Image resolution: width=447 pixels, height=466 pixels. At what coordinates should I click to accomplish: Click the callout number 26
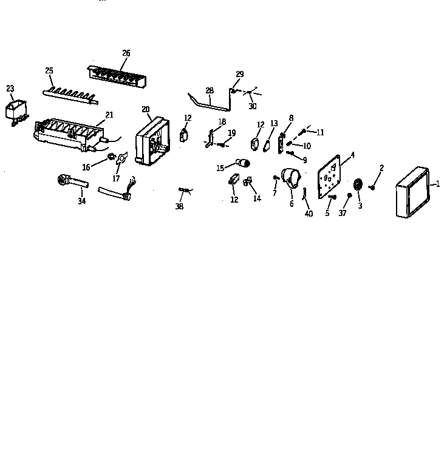coord(126,53)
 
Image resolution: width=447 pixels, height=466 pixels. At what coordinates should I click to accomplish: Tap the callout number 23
coord(10,89)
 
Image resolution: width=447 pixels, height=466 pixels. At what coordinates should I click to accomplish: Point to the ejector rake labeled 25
coord(70,94)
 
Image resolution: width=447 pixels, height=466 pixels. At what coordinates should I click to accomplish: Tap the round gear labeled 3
coord(358,186)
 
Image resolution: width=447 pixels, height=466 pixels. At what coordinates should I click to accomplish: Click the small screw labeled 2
coord(374,186)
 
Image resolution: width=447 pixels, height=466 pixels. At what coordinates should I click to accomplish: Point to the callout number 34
coord(81,201)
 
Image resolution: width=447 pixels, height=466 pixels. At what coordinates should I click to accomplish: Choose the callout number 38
coord(179,206)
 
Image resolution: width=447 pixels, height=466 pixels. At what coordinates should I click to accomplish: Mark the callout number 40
coord(309,214)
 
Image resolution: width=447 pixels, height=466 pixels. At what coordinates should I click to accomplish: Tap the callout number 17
coord(116,179)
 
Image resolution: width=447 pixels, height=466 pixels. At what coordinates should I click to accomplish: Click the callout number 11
coord(320,132)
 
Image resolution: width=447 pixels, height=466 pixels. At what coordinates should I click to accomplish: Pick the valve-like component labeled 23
coord(16,112)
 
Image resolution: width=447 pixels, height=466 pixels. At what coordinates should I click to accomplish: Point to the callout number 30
coord(252,106)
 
